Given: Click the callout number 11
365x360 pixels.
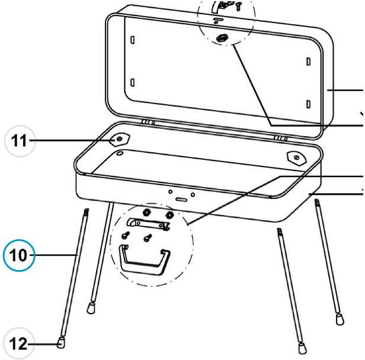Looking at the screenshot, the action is (x=19, y=140).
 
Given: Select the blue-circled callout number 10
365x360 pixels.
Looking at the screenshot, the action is (x=18, y=255).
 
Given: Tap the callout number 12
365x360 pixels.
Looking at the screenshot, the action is (x=18, y=343).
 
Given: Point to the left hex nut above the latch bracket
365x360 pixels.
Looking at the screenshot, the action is (x=146, y=212).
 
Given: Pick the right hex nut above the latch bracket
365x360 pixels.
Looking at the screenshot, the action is (x=169, y=214).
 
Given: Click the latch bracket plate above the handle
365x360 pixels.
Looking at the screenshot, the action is (x=148, y=224).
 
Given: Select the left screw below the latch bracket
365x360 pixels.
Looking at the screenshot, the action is (x=126, y=235).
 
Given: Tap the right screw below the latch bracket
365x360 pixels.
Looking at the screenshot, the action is (x=148, y=237).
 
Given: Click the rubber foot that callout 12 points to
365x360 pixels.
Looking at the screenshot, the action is (x=61, y=342).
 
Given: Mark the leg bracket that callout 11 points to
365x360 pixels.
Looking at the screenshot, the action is (x=120, y=139).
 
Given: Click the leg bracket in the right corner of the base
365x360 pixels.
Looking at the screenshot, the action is (x=297, y=158).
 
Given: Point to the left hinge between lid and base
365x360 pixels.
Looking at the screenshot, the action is (x=148, y=123).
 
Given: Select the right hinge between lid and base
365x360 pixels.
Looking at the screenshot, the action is (x=281, y=139).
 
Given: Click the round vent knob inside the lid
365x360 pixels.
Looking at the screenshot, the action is (x=222, y=38).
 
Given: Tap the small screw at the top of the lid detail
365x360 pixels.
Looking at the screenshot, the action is (x=238, y=6).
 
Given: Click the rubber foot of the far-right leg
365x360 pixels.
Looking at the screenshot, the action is (x=340, y=319).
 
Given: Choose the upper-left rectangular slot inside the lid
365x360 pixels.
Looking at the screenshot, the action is (x=133, y=40).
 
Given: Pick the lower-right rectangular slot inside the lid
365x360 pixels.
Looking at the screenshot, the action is (x=309, y=104).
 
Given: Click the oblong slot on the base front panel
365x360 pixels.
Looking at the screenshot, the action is (x=181, y=200).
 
